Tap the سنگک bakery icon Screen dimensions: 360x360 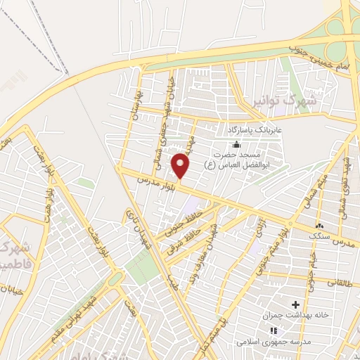[x=320, y=226]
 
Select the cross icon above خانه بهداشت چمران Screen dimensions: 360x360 [x=295, y=304]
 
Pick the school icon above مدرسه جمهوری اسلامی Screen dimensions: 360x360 [x=273, y=329]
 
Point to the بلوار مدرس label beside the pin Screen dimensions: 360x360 [x=155, y=186]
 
